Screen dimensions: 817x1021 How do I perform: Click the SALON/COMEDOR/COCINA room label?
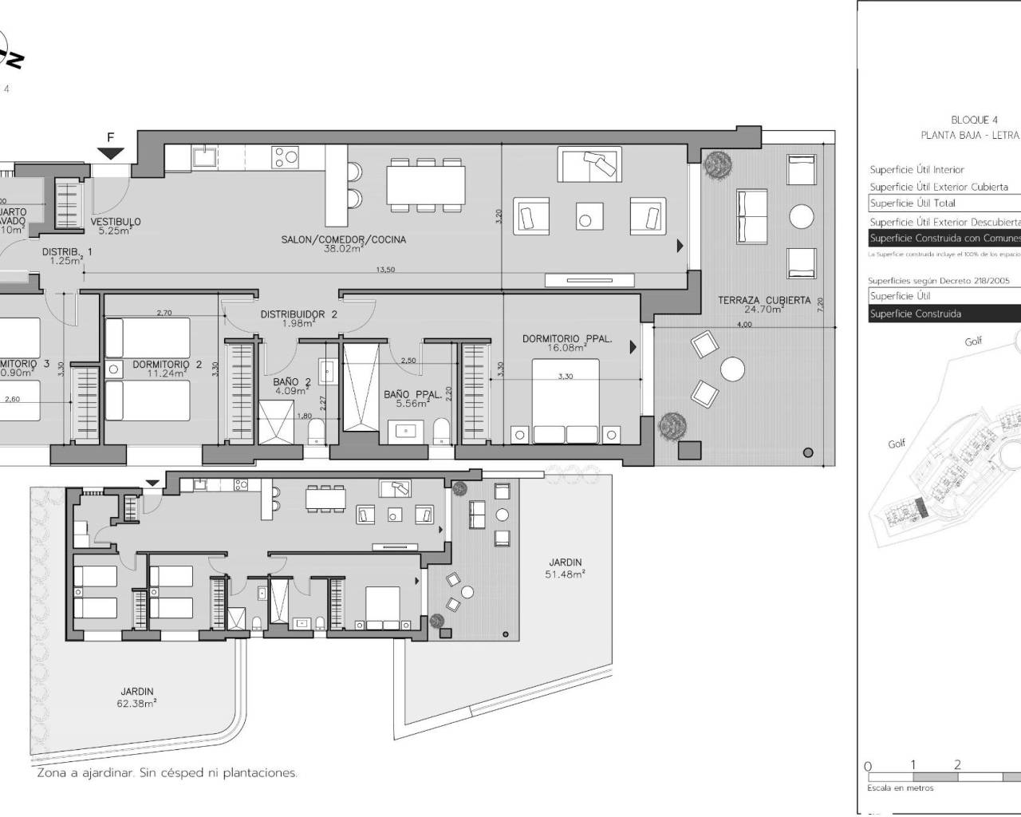[343, 239]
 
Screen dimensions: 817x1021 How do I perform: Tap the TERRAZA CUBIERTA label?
[764, 301]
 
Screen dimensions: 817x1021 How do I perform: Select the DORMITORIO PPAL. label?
[567, 339]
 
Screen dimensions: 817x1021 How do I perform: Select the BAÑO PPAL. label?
[408, 395]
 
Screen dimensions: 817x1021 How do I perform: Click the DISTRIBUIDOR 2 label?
[298, 314]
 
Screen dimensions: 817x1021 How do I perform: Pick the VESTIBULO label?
[116, 223]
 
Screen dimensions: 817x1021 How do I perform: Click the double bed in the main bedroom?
[566, 401]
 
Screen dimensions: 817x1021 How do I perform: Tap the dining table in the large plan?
[426, 185]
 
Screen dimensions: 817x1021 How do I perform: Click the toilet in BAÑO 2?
[316, 433]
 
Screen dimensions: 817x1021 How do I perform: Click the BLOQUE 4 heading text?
[974, 120]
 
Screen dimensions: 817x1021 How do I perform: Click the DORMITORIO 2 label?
[161, 365]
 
